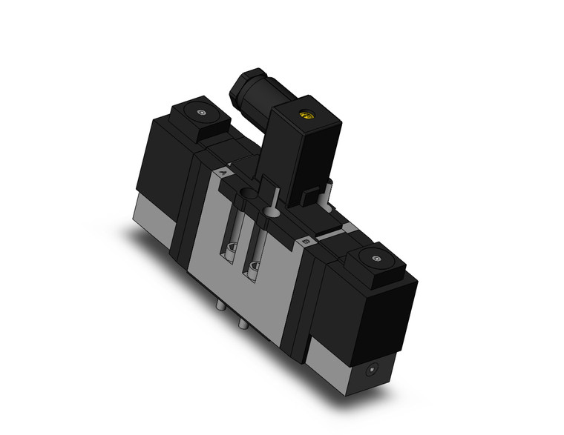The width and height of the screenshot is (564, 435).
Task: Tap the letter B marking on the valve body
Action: (x=306, y=240)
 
